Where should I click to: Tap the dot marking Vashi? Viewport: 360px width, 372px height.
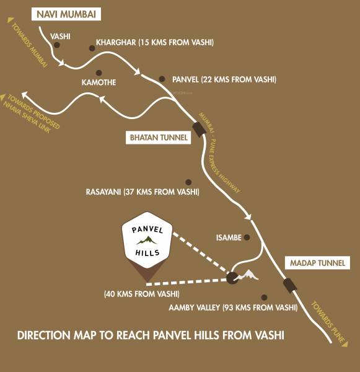coord(57,46)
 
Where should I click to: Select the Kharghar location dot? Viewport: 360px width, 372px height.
coord(90,45)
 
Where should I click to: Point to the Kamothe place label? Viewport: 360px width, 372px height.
coord(99,82)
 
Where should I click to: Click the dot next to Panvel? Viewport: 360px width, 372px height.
coord(162,79)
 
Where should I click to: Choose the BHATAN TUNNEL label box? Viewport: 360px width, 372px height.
coord(157,137)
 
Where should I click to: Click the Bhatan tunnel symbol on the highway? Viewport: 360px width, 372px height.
coord(199,128)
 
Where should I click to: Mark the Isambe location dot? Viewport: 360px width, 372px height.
coord(247,237)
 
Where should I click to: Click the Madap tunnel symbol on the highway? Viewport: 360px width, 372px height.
coord(289,285)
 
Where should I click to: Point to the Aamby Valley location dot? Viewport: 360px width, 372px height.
coord(264,298)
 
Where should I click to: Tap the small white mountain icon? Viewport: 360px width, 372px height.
coord(248,274)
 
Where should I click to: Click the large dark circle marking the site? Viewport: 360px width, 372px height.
coord(232,278)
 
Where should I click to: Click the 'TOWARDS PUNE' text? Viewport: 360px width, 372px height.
coord(327,322)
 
